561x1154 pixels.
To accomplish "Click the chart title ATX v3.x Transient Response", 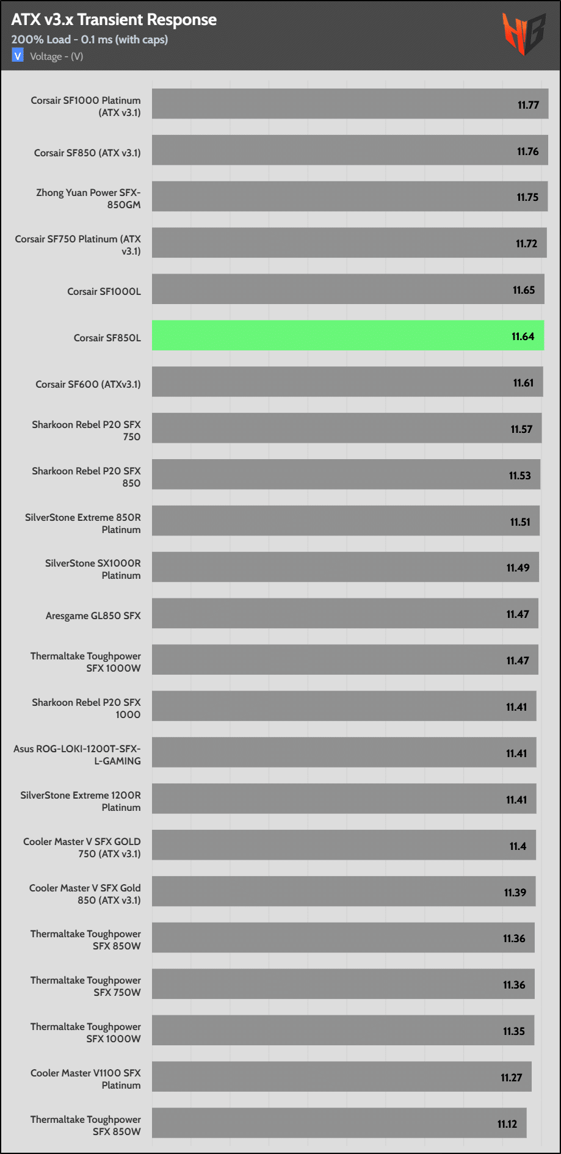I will (114, 20).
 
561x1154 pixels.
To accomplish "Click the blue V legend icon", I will (18, 56).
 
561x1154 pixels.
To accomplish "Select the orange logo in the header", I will (523, 34).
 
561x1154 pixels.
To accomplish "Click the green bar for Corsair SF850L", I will (348, 335).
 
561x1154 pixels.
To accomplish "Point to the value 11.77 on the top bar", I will (528, 105).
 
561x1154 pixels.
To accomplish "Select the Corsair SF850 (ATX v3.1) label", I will (87, 153).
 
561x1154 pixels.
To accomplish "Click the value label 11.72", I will (526, 244).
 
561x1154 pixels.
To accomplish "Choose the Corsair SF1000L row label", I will (104, 291).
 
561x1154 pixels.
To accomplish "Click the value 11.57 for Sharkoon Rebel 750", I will (521, 429).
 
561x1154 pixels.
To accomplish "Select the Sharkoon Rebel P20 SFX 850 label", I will (86, 477).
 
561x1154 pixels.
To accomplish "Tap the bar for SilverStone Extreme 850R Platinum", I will (346, 521).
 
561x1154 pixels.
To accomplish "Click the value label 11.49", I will (518, 568).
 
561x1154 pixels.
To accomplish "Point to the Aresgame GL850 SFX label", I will (93, 615).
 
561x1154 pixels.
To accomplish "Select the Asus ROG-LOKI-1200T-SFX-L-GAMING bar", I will (344, 752).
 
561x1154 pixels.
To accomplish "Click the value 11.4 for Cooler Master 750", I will (518, 846).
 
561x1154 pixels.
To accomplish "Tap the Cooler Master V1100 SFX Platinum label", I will (85, 1079).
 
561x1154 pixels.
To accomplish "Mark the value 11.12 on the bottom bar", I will (507, 1124).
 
